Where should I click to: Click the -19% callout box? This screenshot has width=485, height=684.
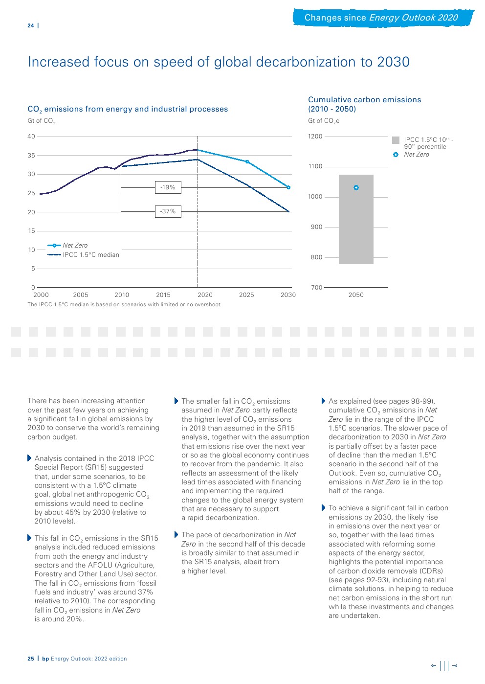168,187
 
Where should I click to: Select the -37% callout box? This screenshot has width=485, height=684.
168,211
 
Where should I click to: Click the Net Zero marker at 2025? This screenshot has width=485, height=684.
247,161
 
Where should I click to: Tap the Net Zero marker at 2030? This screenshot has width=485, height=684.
288,187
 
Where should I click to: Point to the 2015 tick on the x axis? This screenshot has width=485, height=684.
163,295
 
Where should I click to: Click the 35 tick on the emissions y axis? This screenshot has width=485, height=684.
31,156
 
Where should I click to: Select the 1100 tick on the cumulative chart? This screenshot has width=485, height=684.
315,166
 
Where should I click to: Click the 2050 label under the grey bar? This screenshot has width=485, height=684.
356,295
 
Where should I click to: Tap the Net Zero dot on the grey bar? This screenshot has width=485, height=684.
356,187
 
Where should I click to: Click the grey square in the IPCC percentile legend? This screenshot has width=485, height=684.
396,140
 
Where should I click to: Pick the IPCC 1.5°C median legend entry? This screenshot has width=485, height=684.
90,255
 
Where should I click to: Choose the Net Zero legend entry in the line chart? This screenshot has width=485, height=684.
75,246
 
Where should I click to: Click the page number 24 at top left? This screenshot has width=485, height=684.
31,25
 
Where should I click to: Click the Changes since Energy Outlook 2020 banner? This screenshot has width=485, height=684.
381,18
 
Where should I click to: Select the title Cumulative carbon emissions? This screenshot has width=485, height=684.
364,100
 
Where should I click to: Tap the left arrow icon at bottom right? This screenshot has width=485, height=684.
434,665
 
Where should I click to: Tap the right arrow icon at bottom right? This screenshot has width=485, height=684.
455,665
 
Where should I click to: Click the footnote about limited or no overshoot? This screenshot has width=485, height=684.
124,304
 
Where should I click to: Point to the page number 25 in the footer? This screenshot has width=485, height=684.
31,659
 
